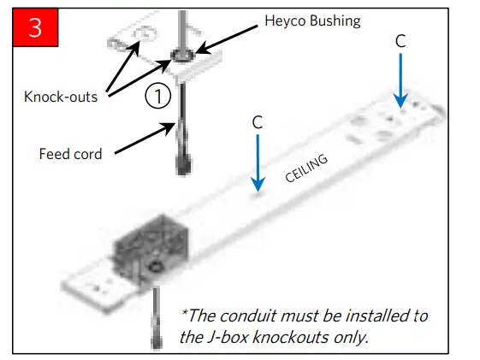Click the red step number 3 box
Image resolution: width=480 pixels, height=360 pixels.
point(35,27)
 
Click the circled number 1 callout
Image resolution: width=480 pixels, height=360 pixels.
point(157,97)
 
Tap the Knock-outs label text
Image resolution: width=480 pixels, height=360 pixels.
point(60,97)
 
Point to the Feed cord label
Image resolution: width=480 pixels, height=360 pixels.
point(70,154)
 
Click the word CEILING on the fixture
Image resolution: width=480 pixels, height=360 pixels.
point(306,170)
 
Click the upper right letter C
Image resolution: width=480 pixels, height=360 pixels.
point(400,40)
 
